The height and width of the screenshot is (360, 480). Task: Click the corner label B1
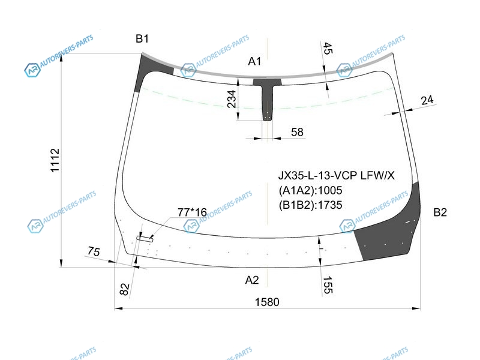point(142,39)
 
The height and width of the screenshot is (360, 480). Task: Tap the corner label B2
point(440,212)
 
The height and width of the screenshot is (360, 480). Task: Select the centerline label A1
point(254,62)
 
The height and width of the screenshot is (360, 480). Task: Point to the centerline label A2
point(252,280)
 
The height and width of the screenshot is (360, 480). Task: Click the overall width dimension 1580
point(267,302)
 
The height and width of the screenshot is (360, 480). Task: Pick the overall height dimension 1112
point(55,160)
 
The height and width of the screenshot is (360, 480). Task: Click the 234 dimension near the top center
point(232,99)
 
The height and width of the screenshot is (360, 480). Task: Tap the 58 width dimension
point(297,132)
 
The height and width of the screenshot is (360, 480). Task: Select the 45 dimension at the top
point(328,49)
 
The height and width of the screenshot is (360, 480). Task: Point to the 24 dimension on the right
point(427,100)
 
